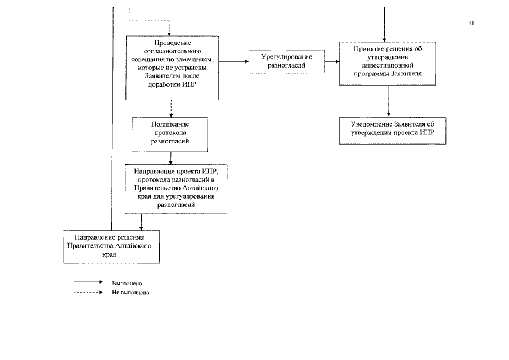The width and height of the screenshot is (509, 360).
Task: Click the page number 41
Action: tap(471, 23)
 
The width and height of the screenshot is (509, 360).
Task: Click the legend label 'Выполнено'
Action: tap(127, 283)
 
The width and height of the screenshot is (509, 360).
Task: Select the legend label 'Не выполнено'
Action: tap(130, 292)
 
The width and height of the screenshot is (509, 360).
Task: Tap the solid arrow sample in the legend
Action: tap(88, 282)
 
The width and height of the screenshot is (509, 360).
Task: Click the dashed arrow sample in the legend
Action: tap(88, 292)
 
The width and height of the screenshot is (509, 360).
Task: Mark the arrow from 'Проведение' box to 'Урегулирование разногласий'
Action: tap(234, 61)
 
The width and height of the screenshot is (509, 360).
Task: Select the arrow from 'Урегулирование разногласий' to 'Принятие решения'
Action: tap(332, 61)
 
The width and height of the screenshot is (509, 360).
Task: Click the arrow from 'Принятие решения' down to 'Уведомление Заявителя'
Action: tap(389, 101)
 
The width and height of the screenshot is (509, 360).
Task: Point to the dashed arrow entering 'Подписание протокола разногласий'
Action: tap(171, 109)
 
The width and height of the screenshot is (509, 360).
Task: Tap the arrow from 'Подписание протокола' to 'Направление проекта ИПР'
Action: tap(171, 158)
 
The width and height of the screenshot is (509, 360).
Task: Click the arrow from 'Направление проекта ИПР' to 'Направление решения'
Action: tap(141, 222)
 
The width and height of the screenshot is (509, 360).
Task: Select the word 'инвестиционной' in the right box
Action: tap(388, 65)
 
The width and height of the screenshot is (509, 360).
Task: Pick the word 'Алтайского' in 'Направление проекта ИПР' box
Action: tap(200, 188)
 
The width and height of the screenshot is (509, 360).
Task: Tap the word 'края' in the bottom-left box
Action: tap(110, 254)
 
